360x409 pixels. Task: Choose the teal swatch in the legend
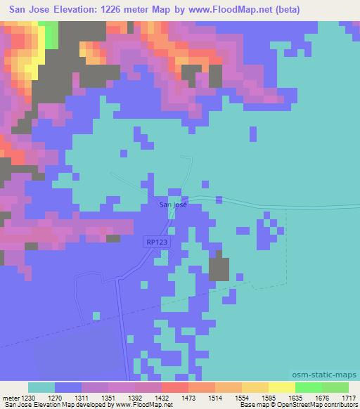coord(41,387)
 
